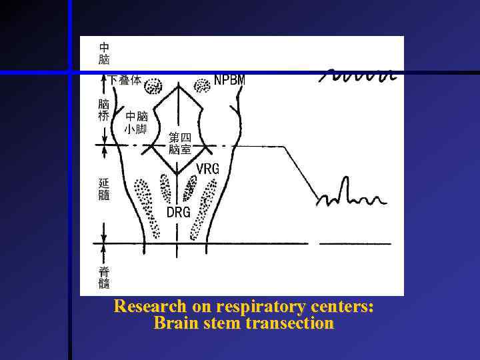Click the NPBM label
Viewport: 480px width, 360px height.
229,80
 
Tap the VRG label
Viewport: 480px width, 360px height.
207,169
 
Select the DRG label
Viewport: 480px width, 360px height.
178,212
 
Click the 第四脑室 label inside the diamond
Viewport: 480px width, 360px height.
179,143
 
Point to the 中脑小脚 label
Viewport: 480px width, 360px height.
136,123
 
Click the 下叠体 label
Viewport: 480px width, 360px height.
125,80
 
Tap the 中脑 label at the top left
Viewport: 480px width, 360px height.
105,54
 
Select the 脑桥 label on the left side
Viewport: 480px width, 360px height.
104,110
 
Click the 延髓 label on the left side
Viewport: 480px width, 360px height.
104,189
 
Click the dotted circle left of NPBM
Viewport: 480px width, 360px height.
201,85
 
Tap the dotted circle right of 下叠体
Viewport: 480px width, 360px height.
154,86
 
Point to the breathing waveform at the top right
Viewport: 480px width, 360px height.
360,74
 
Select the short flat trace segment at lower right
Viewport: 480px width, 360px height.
355,244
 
